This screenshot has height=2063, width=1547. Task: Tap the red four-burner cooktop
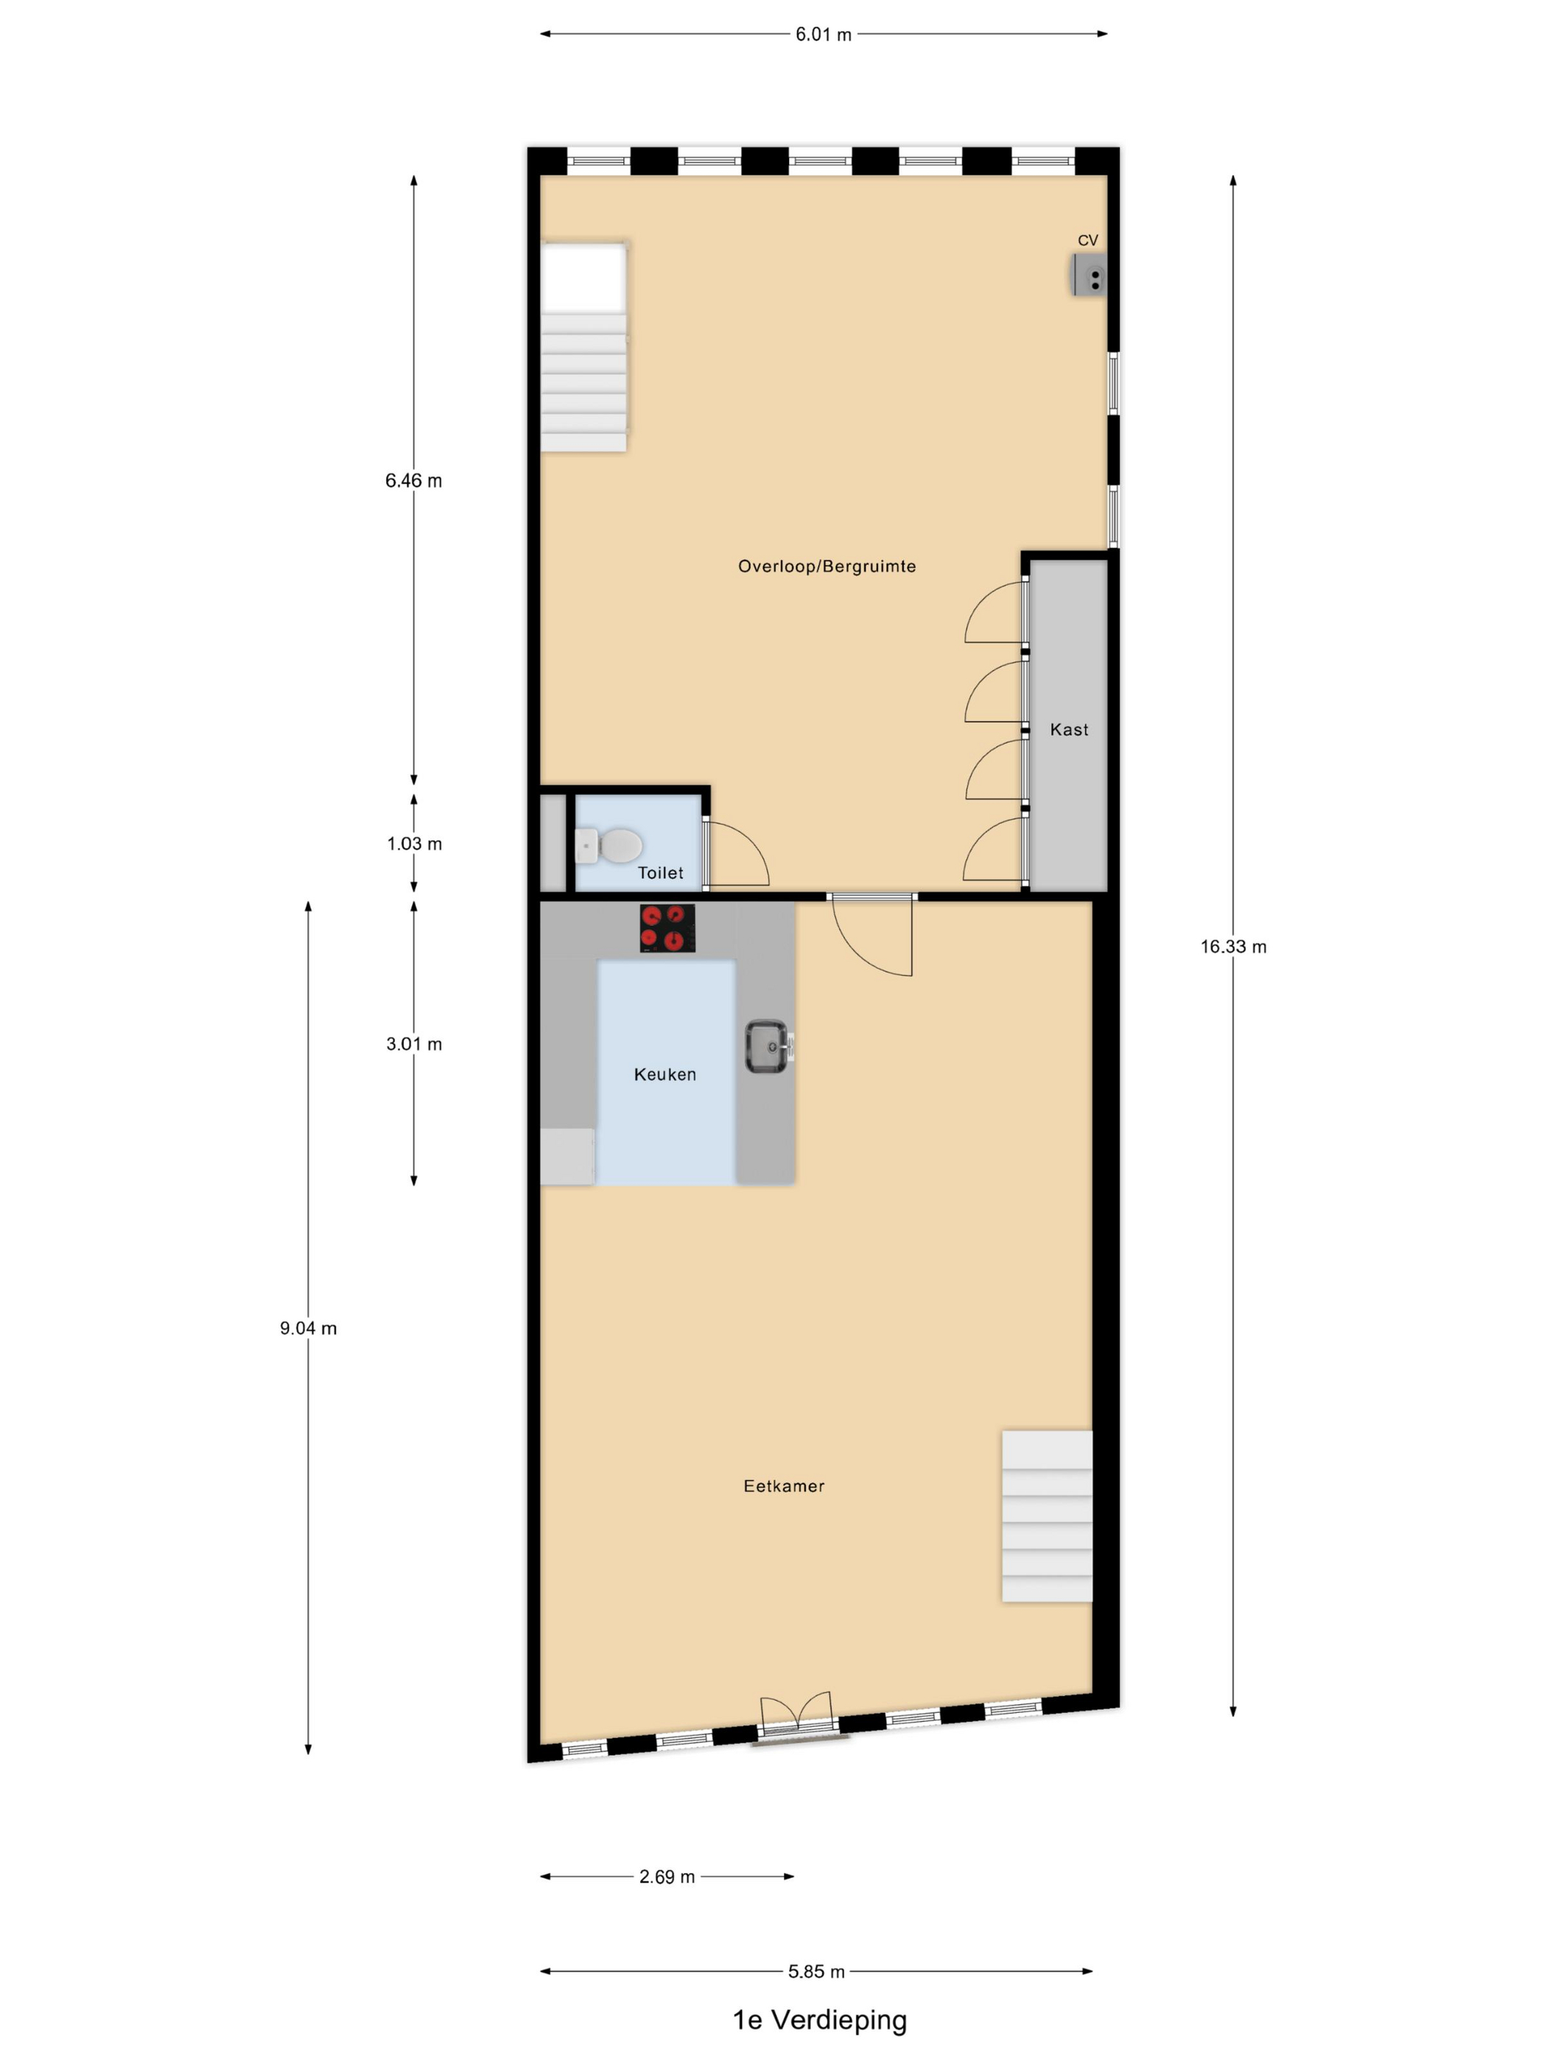click(667, 928)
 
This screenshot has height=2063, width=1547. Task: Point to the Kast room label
click(1069, 729)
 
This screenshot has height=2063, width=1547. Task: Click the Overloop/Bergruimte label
click(827, 566)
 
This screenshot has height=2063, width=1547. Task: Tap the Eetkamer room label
click(783, 1485)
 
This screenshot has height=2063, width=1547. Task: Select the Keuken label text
click(665, 1074)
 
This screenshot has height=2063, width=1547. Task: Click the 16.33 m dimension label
click(1232, 947)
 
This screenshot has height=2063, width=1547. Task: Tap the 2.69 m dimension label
click(667, 1877)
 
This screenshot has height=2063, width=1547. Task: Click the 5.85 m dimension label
click(816, 1972)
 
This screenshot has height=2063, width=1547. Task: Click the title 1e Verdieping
click(820, 2020)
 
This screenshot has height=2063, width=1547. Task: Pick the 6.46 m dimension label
click(414, 481)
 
